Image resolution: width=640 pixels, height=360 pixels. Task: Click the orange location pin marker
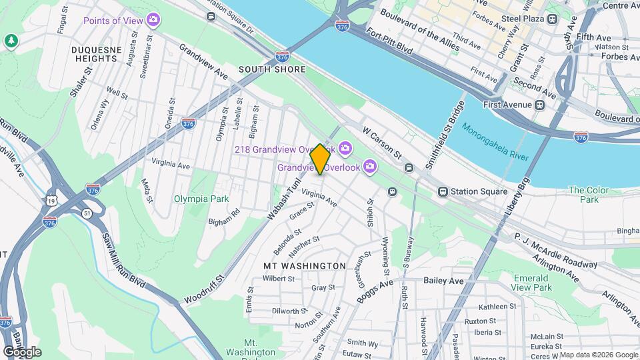coord(320,159)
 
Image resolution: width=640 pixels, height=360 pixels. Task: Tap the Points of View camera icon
coord(155,20)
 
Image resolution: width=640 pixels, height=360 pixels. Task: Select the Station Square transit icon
coord(442,191)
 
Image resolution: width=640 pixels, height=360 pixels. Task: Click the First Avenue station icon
coord(539,105)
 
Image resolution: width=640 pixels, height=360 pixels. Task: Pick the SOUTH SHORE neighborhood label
coord(272,69)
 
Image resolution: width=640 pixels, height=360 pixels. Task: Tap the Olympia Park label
coord(201,199)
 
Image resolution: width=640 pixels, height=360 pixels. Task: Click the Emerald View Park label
coord(533,283)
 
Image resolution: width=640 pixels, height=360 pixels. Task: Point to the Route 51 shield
coord(87,213)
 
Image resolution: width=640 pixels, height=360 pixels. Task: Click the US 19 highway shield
coord(51,200)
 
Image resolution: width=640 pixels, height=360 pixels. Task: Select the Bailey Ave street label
coord(443,281)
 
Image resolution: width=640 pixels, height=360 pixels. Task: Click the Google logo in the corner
coord(22,351)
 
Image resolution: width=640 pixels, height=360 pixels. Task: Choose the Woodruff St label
coord(202,287)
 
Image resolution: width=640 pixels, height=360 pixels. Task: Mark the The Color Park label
coord(588,195)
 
